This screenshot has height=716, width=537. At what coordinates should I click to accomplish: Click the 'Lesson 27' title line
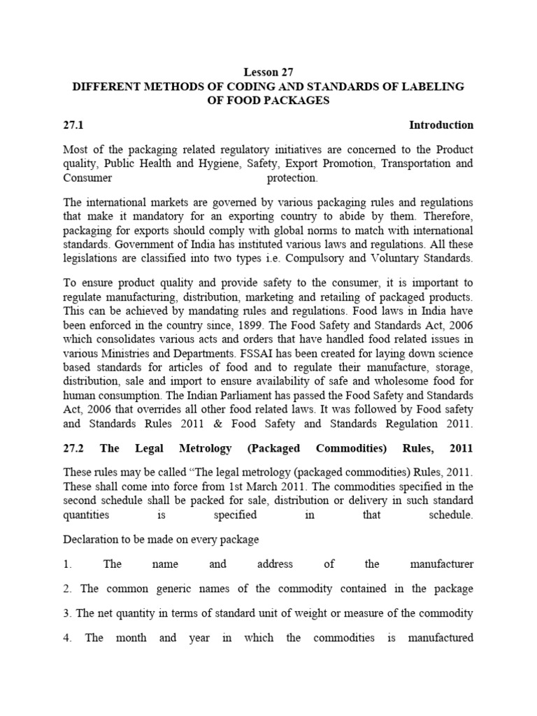[268, 71]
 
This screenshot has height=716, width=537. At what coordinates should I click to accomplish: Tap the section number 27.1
[74, 125]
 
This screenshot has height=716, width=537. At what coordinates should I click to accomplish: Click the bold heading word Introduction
[441, 125]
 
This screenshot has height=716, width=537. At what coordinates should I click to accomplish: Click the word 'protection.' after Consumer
[293, 178]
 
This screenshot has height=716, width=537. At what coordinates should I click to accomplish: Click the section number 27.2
[74, 447]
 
